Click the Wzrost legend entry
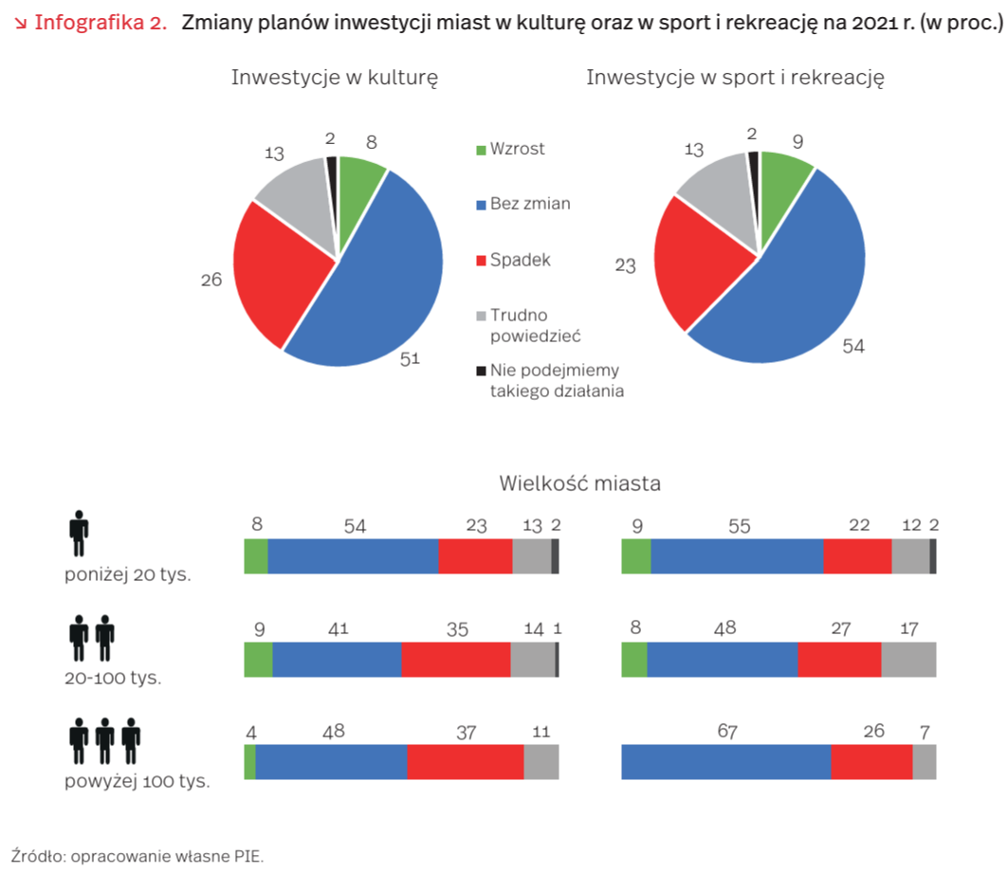click(x=510, y=149)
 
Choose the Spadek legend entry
click(x=513, y=261)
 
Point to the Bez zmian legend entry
click(x=523, y=205)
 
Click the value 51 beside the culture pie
click(x=410, y=358)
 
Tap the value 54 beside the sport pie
click(x=853, y=346)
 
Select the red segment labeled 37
click(x=466, y=762)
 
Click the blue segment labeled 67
click(x=725, y=762)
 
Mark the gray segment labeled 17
click(x=908, y=660)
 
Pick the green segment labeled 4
click(x=250, y=762)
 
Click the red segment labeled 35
click(x=456, y=660)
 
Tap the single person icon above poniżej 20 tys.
click(x=79, y=534)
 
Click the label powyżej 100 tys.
click(x=137, y=781)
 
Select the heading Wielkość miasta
click(x=579, y=483)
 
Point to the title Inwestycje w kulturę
click(x=335, y=78)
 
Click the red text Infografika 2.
click(x=101, y=23)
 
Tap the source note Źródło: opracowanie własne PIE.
click(x=137, y=856)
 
